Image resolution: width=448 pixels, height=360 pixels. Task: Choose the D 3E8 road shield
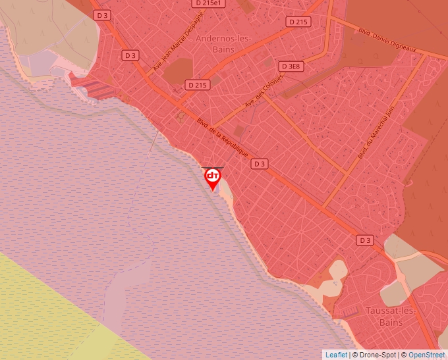click(290, 66)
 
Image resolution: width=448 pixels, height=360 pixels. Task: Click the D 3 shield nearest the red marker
click(260, 164)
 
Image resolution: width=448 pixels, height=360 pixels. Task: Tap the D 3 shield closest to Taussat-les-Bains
click(365, 240)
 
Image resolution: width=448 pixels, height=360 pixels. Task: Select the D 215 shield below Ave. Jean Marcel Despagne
click(196, 85)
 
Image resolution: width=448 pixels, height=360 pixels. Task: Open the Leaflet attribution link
click(336, 355)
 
